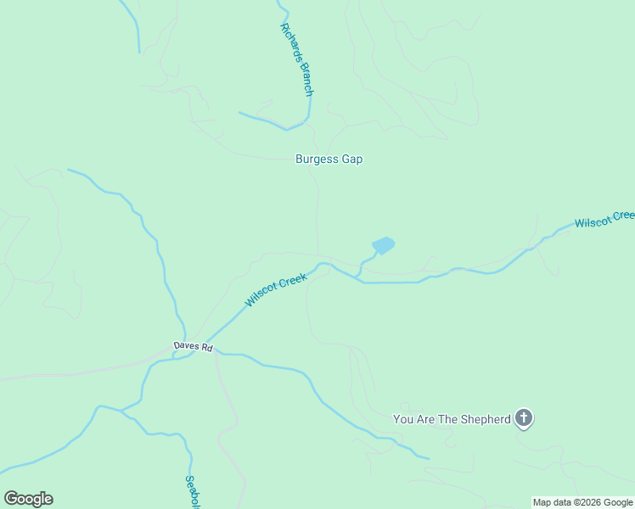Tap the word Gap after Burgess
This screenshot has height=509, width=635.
click(351, 159)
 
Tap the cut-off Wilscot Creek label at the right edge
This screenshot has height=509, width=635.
click(604, 220)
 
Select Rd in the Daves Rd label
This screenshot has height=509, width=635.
click(207, 348)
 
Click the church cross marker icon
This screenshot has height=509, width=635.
click(525, 417)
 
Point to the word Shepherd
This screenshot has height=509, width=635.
click(485, 419)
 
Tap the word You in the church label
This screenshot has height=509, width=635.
click(402, 419)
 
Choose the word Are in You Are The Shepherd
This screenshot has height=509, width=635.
click(423, 419)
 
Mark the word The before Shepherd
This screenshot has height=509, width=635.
click(447, 419)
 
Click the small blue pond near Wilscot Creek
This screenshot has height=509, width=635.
click(384, 245)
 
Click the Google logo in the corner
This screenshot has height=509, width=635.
click(28, 499)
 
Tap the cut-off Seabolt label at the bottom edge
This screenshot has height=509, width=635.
click(191, 491)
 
